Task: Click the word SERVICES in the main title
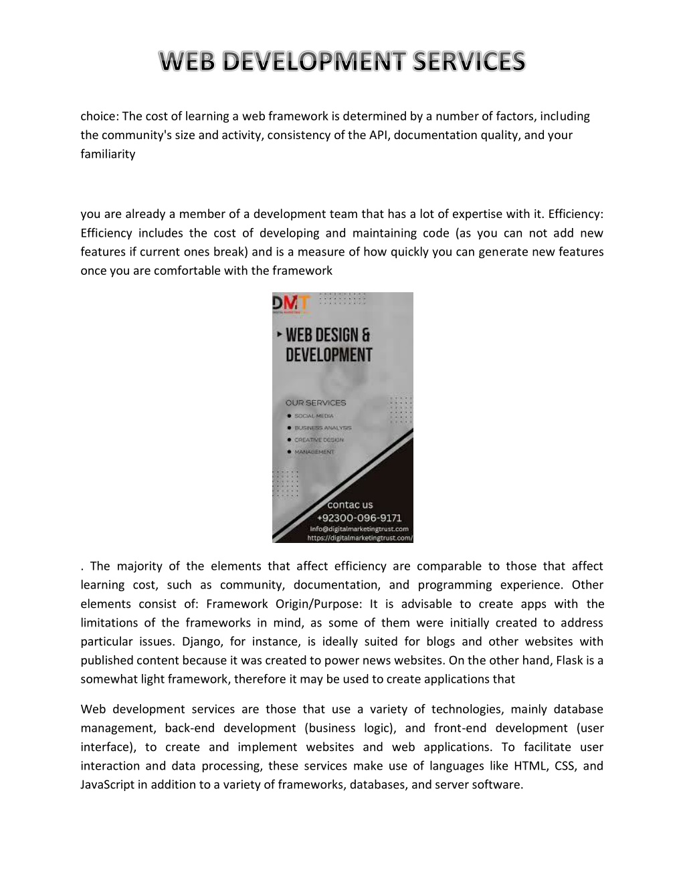tap(469, 62)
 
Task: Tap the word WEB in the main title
tap(189, 62)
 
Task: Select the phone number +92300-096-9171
tap(359, 518)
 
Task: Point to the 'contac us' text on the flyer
tap(350, 505)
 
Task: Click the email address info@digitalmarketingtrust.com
tap(359, 528)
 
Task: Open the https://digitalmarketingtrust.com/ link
tap(360, 537)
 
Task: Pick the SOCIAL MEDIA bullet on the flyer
tap(313, 416)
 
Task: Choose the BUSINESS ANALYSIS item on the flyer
tap(322, 428)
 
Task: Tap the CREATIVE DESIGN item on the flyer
tap(318, 440)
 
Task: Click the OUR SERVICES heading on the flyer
tap(316, 403)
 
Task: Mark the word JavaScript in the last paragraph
tap(108, 784)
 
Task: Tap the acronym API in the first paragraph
tap(378, 135)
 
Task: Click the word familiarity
tap(108, 154)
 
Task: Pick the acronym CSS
tap(565, 766)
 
